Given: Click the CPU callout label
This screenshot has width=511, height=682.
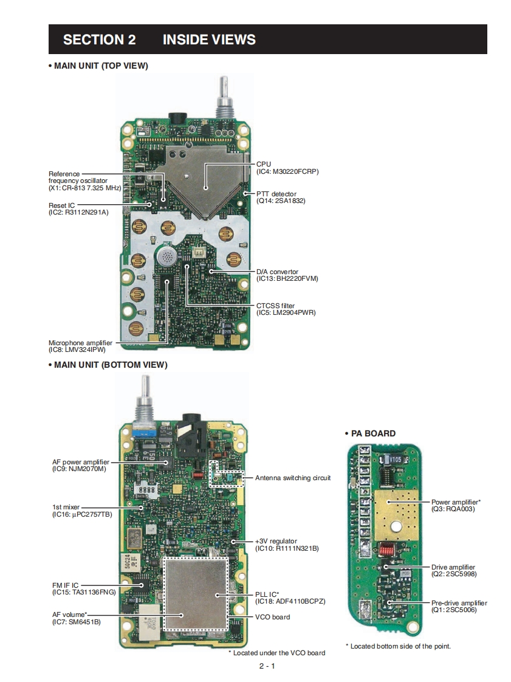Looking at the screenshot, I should point(264,164).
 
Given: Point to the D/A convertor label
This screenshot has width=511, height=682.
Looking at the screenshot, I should point(278,272).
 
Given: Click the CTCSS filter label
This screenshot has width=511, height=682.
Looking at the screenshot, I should point(275,306).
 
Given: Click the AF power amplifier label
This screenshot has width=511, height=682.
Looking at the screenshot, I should point(81,462).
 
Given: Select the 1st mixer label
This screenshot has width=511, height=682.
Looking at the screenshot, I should point(66,508).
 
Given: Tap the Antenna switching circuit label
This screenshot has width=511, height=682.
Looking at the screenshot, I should point(293,478).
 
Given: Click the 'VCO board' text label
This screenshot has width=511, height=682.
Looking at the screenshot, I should point(273,617).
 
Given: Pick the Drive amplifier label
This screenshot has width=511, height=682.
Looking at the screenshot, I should point(453,567).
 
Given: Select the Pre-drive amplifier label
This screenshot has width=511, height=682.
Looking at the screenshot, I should point(459,603).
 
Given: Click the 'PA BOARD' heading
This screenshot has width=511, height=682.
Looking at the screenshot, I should point(373,433).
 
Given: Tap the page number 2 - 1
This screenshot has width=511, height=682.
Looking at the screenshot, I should point(267,666).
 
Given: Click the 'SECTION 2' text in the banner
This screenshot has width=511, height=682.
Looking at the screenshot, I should point(99,40).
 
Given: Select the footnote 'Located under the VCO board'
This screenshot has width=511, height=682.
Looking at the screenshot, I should point(279,653).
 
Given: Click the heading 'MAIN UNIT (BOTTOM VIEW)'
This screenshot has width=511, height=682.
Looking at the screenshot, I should point(110,365).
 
